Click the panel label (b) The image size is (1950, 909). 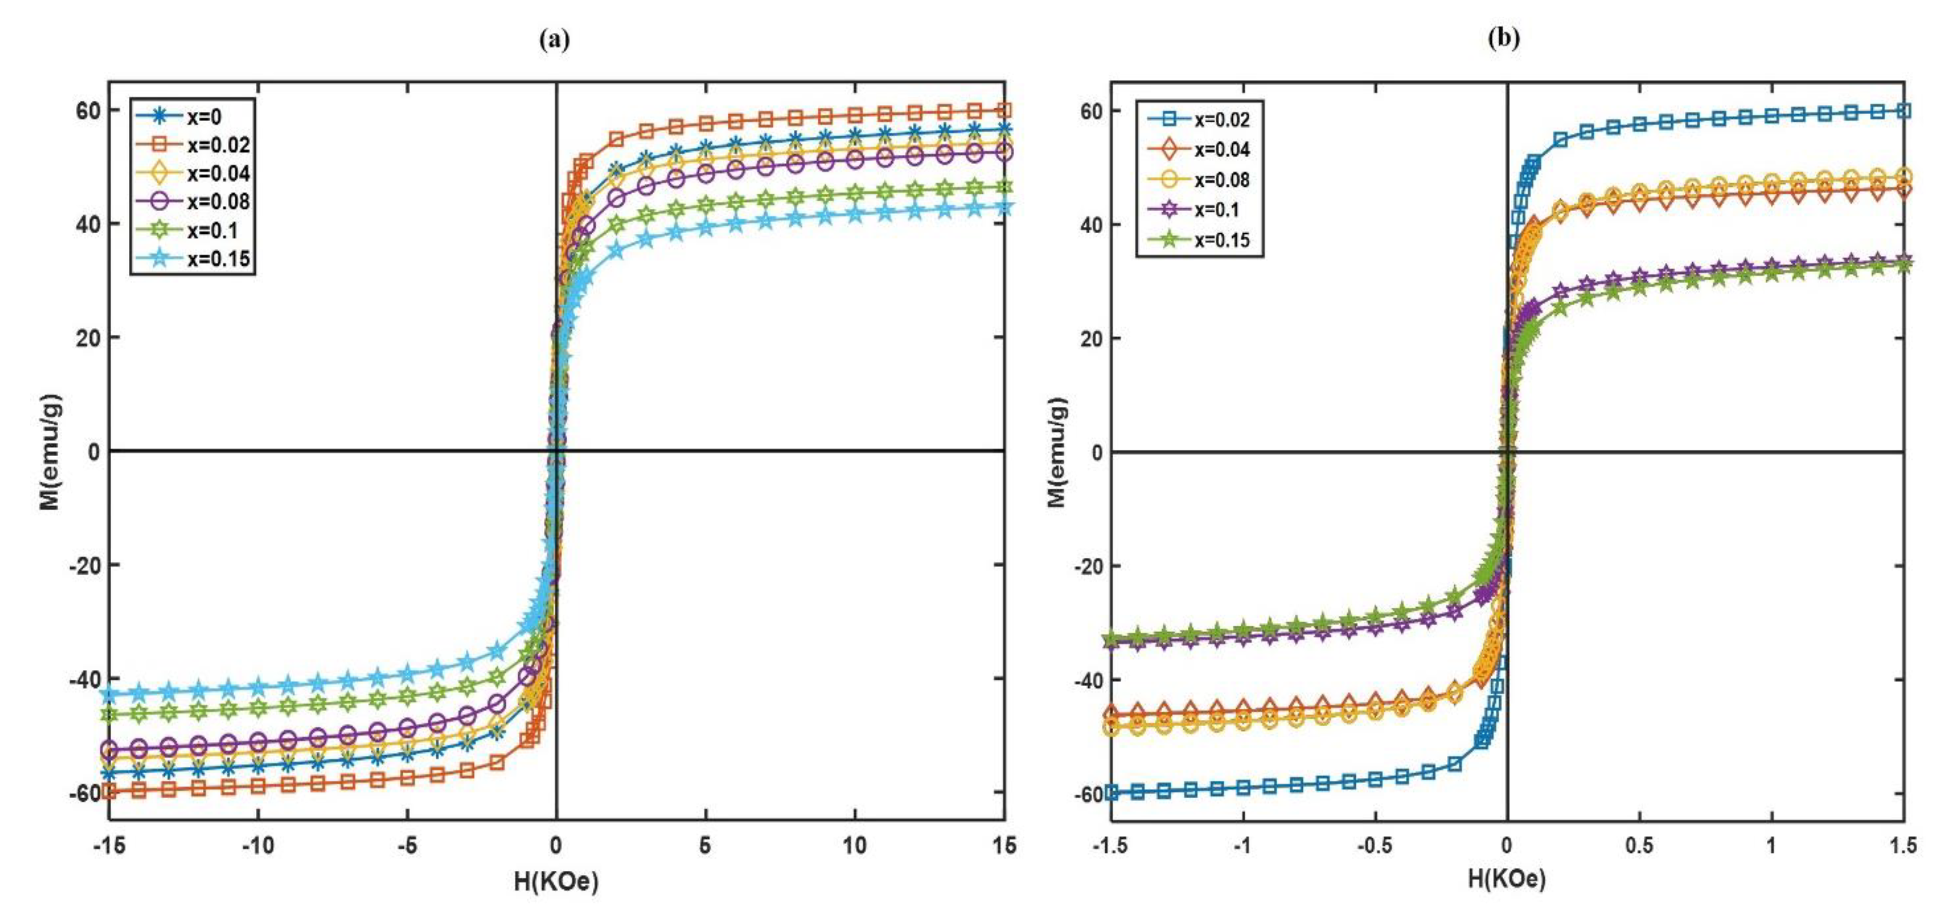1503,39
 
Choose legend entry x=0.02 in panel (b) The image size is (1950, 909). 1222,120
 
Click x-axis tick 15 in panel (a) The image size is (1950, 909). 1004,845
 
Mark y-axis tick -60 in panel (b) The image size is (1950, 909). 1090,794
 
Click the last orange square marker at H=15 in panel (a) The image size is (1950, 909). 1004,111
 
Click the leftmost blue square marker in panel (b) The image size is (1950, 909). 1111,792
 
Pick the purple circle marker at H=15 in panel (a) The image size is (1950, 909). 1004,153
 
